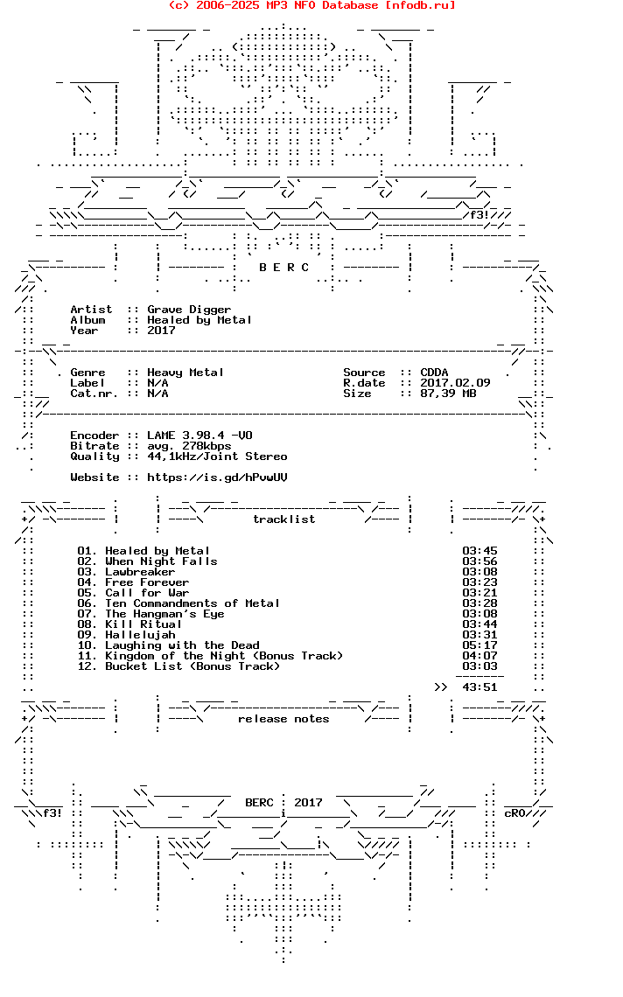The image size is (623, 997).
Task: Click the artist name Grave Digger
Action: click(x=189, y=310)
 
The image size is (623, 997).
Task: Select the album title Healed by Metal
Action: click(x=199, y=320)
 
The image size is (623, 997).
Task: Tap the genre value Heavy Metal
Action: click(x=185, y=373)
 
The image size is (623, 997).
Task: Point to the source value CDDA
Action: click(x=434, y=373)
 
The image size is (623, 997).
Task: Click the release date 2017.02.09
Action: click(x=455, y=383)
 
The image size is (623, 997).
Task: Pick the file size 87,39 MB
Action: click(x=448, y=394)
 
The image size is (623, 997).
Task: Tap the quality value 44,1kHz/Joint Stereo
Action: click(x=217, y=457)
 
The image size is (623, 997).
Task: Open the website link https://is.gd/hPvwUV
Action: click(x=217, y=478)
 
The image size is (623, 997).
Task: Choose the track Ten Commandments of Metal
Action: click(x=192, y=603)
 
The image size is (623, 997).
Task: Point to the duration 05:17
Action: click(x=479, y=645)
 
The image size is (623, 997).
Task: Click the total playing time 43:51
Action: click(x=479, y=687)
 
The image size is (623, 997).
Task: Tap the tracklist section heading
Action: click(x=283, y=519)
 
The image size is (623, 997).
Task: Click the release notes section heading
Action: click(x=283, y=719)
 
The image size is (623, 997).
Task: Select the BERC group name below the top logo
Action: click(x=283, y=268)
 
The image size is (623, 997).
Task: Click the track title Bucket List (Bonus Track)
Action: click(x=192, y=666)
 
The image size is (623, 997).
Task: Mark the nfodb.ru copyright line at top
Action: click(x=311, y=5)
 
